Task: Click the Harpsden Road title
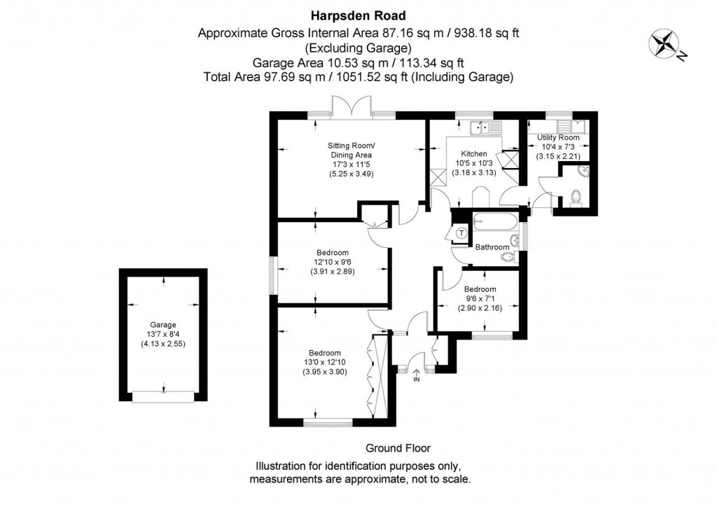tap(358, 16)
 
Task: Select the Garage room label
tap(162, 325)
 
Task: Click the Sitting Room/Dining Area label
tap(351, 151)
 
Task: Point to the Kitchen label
tap(474, 153)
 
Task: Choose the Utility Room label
tap(558, 137)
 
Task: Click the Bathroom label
tap(492, 247)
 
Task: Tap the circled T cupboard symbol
tap(462, 234)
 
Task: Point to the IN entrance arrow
tap(416, 375)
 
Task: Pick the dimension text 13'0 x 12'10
tap(325, 362)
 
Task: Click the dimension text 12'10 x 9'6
tap(333, 262)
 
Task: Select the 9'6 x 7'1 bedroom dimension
tap(480, 298)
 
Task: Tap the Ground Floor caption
tap(398, 448)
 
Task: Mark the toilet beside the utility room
tap(577, 197)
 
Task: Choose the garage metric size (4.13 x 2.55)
tap(162, 344)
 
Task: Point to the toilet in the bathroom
tap(510, 258)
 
